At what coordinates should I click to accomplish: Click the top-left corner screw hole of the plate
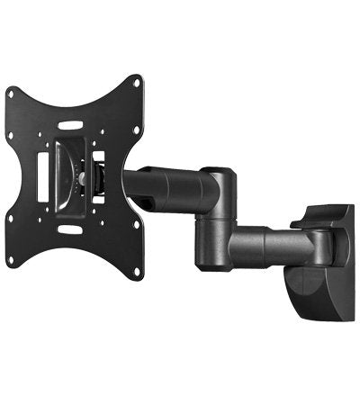pos(13,92)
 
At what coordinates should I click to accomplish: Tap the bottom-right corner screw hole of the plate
pos(136,272)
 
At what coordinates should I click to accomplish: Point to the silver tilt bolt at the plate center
pos(83,178)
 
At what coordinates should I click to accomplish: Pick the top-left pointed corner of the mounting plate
pos(7,89)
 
